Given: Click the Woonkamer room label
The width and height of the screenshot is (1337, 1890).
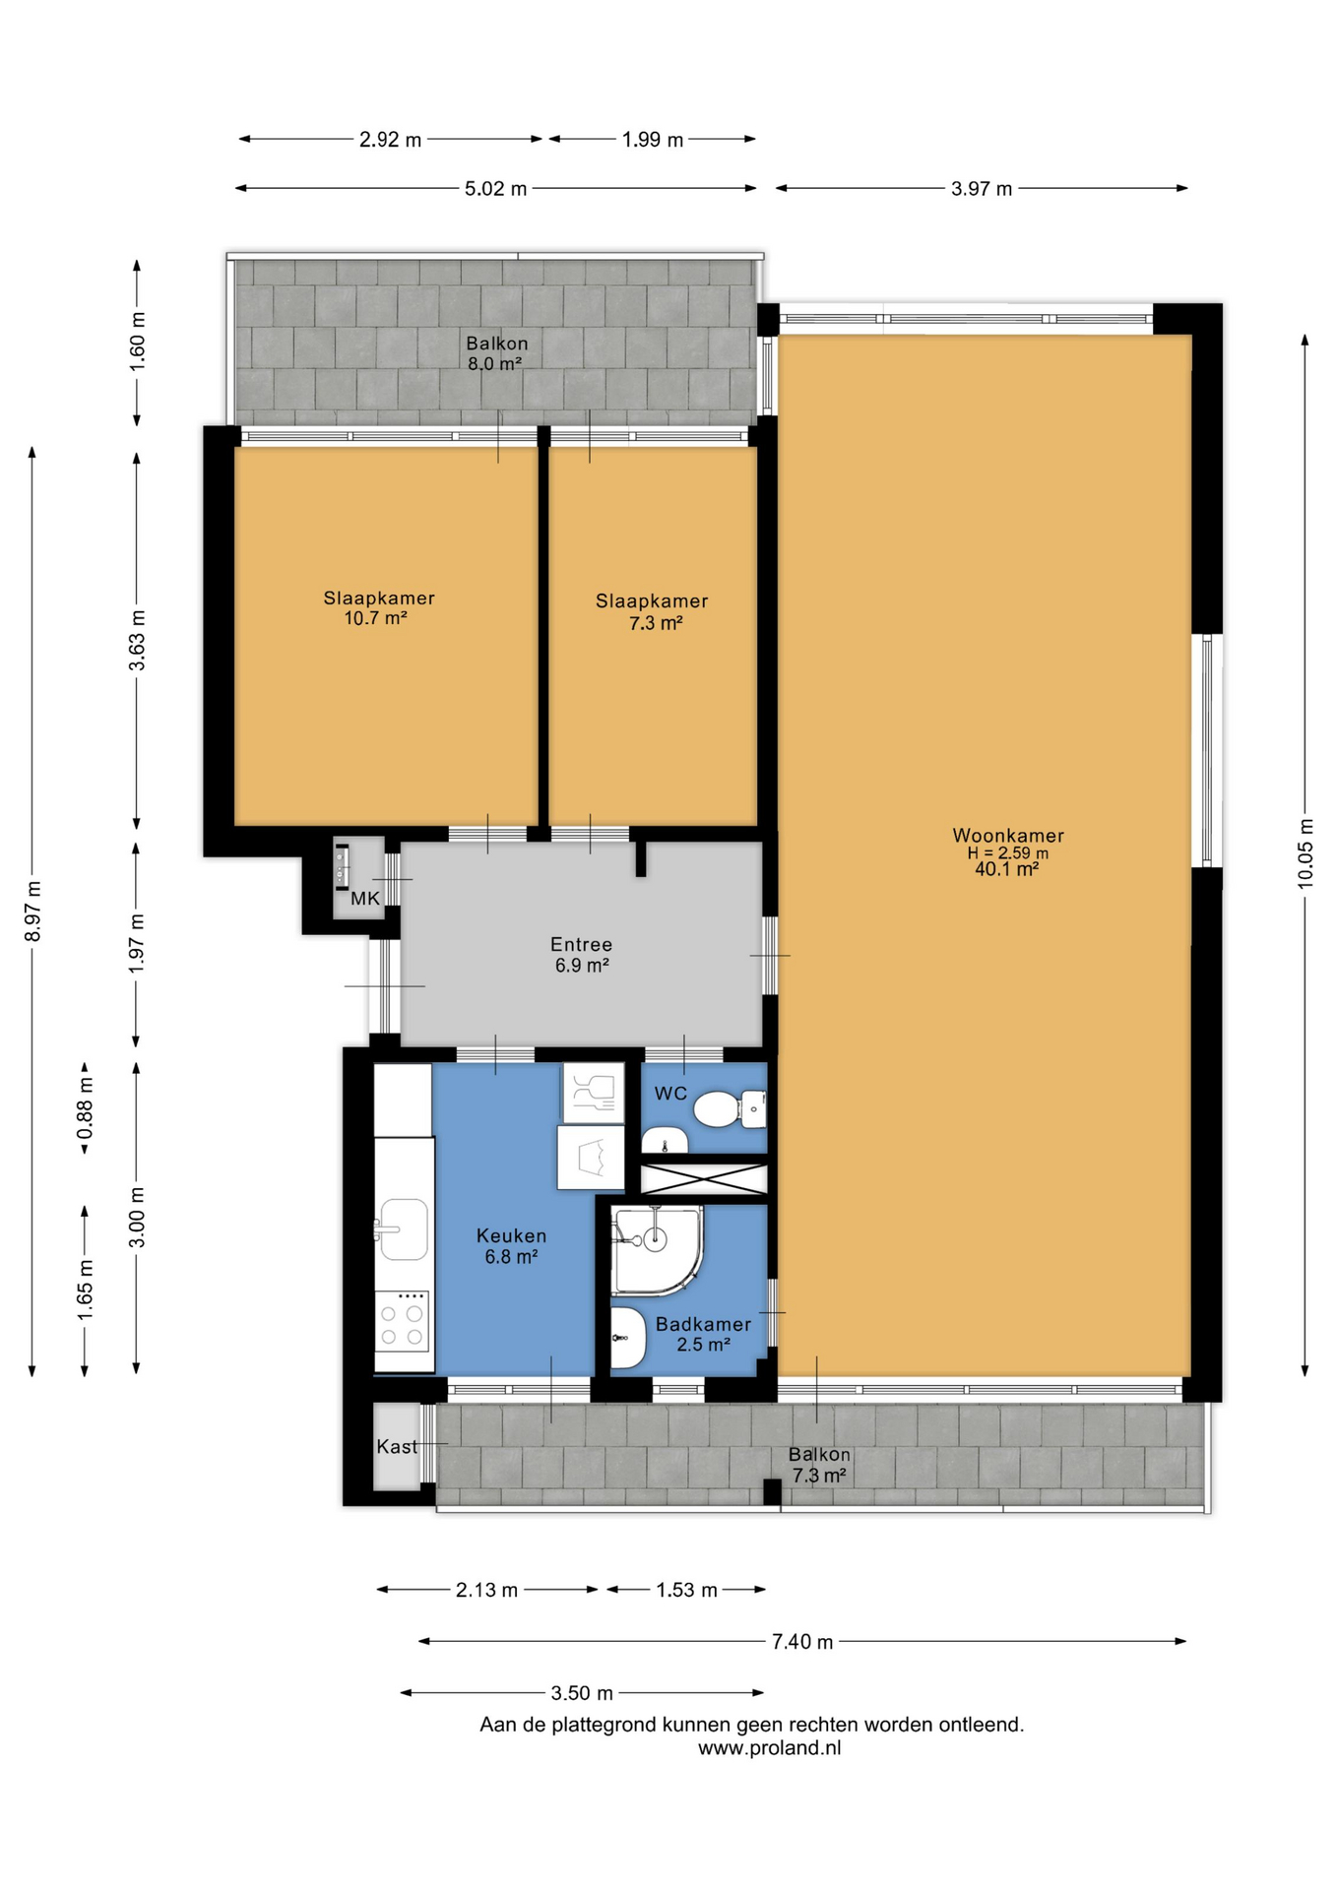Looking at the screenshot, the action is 1007,835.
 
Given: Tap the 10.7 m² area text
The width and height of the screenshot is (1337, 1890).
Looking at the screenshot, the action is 375,618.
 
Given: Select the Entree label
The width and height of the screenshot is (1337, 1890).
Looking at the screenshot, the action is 581,944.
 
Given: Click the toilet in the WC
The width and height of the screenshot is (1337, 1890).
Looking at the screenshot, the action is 730,1109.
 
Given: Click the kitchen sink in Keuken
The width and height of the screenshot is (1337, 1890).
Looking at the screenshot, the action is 404,1228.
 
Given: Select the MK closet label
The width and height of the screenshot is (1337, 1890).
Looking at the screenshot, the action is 365,898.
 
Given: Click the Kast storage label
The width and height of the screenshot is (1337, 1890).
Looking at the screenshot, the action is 397,1446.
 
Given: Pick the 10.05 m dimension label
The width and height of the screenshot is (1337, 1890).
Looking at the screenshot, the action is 1305,852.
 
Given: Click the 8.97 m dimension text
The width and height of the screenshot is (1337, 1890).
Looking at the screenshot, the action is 32,911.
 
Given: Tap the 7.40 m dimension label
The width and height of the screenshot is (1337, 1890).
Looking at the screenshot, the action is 802,1641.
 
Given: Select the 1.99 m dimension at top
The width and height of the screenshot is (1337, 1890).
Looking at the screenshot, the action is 653,140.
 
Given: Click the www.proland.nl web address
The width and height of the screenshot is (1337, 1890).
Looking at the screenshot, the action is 770,1747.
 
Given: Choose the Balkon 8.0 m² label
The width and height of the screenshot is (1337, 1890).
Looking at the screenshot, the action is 496,352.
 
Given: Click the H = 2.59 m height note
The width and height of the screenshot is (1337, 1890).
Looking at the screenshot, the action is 1007,853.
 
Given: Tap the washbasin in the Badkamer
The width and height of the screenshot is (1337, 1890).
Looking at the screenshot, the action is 627,1338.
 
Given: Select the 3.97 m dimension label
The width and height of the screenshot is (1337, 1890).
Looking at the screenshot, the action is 982,188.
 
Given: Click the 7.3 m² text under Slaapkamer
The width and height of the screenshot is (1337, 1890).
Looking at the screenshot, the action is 656,622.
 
